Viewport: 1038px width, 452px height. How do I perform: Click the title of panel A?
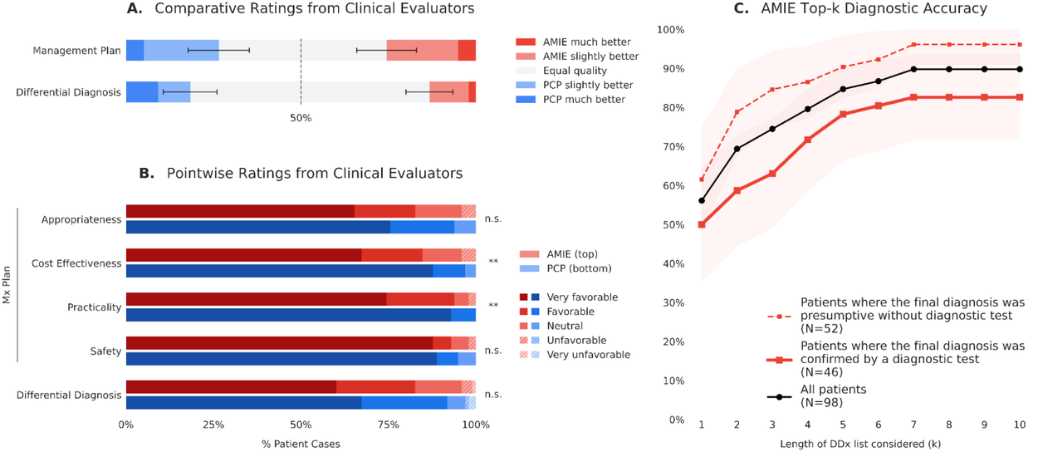pyautogui.click(x=300, y=9)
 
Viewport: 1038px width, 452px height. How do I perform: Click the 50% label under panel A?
pyautogui.click(x=301, y=118)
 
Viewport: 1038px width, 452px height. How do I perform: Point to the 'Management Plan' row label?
pyautogui.click(x=76, y=51)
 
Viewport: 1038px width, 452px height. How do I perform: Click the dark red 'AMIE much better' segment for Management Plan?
pyautogui.click(x=467, y=51)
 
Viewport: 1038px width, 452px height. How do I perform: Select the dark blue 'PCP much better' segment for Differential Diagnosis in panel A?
pyautogui.click(x=141, y=92)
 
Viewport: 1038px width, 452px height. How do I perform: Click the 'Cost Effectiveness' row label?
pyautogui.click(x=76, y=263)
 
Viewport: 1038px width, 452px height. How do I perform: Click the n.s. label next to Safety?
pyautogui.click(x=493, y=350)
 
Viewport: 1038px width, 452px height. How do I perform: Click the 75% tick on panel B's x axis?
pyautogui.click(x=388, y=425)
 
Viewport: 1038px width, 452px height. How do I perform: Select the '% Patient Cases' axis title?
pyautogui.click(x=300, y=444)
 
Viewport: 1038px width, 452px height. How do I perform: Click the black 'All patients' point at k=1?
pyautogui.click(x=702, y=200)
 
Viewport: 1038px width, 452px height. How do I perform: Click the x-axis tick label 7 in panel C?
pyautogui.click(x=913, y=425)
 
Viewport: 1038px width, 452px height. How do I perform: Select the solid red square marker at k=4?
pyautogui.click(x=807, y=140)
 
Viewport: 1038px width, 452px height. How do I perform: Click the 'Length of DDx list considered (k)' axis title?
pyautogui.click(x=860, y=444)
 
